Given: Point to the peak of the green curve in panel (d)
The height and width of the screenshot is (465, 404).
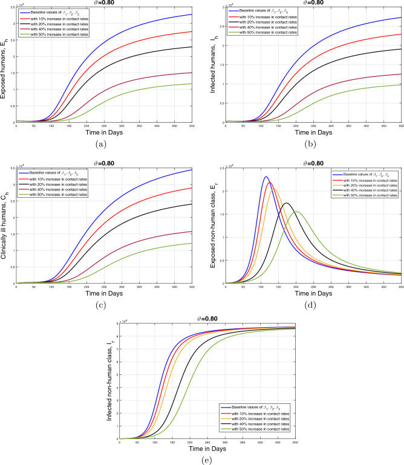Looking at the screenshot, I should pyautogui.click(x=296, y=211).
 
